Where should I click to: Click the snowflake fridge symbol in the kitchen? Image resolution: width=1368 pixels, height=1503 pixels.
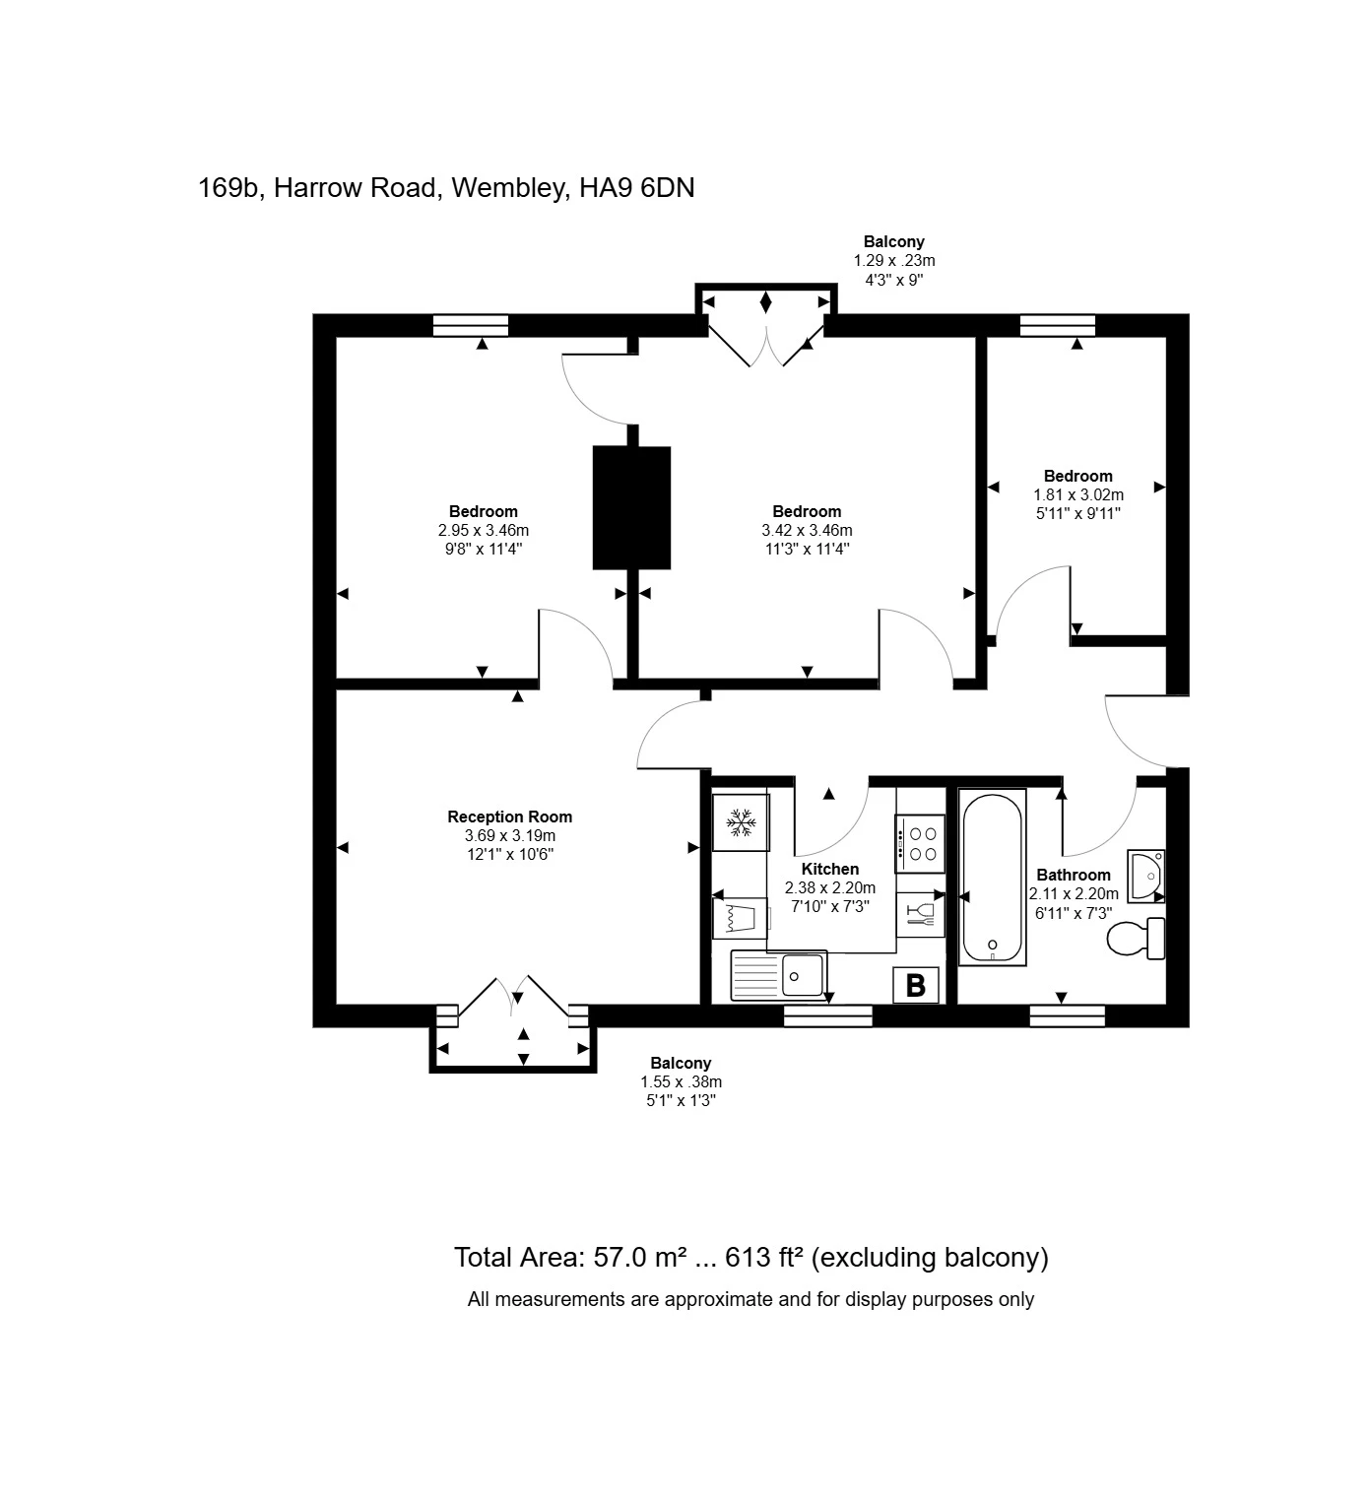tap(740, 822)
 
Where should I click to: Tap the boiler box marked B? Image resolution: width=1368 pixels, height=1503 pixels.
tap(915, 984)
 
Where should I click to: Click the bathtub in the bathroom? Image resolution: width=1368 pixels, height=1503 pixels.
tap(993, 877)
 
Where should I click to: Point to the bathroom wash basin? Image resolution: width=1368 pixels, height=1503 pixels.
tap(1145, 875)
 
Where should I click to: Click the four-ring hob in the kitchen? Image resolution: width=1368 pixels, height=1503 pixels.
tap(918, 844)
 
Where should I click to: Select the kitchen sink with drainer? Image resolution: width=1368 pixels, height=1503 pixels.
tap(778, 975)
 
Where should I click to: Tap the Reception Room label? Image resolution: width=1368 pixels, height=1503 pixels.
tap(509, 817)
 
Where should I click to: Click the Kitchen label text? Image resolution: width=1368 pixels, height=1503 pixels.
tap(829, 869)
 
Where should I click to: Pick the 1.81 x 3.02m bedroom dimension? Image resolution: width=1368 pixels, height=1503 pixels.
tap(1077, 494)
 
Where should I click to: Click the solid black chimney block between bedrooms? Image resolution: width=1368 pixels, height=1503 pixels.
tap(631, 507)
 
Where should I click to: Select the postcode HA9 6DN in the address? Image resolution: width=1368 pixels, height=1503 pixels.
tap(636, 187)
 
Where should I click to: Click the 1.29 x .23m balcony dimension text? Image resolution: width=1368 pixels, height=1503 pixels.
tap(893, 261)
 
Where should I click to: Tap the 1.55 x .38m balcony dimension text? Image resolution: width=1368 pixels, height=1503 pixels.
tap(680, 1081)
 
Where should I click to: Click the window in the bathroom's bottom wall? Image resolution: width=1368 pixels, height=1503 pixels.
tap(1067, 1015)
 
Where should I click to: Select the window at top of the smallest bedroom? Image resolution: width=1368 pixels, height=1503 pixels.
tap(1057, 325)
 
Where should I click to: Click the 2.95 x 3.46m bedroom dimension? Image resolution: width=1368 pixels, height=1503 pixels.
tap(483, 530)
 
